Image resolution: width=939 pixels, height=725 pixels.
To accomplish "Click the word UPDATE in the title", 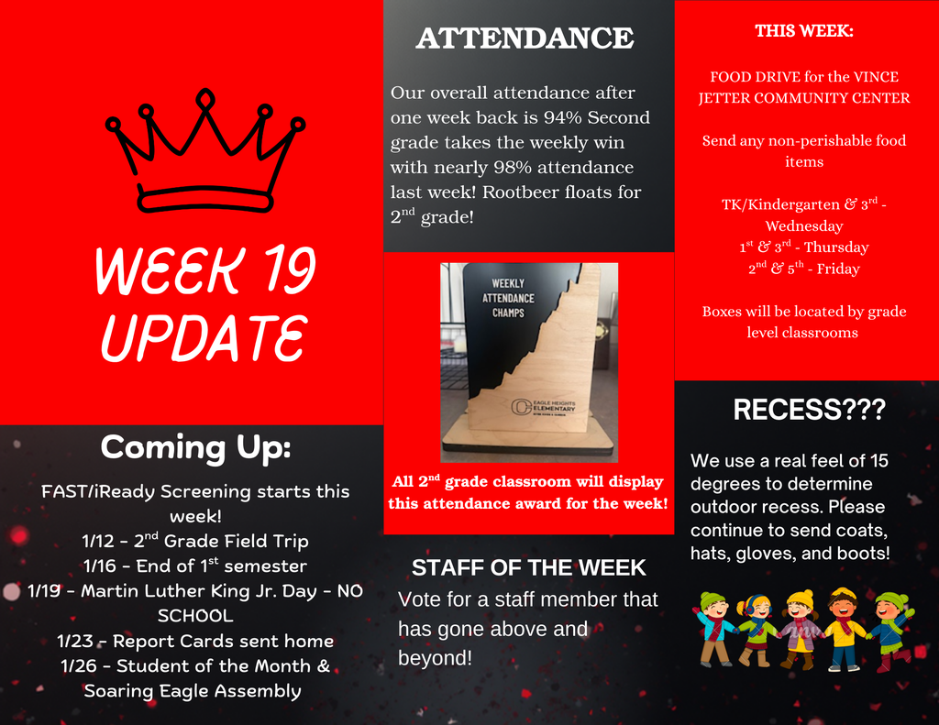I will [204, 336].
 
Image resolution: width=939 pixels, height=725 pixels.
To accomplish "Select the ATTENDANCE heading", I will [525, 38].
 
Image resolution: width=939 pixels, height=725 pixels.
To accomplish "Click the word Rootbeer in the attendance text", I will [517, 192].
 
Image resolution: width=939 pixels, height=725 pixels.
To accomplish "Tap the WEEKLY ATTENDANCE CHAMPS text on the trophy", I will [508, 298].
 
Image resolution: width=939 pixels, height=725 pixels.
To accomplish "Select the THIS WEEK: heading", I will [804, 31].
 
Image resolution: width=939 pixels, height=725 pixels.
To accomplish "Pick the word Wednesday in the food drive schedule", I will [804, 225].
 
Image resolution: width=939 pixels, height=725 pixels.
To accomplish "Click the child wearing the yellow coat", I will [842, 629].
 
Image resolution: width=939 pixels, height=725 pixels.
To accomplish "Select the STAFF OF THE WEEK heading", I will [528, 567].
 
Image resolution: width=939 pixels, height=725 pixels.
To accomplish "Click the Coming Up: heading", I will [195, 447].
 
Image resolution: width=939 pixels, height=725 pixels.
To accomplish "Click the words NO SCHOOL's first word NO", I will [350, 591].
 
